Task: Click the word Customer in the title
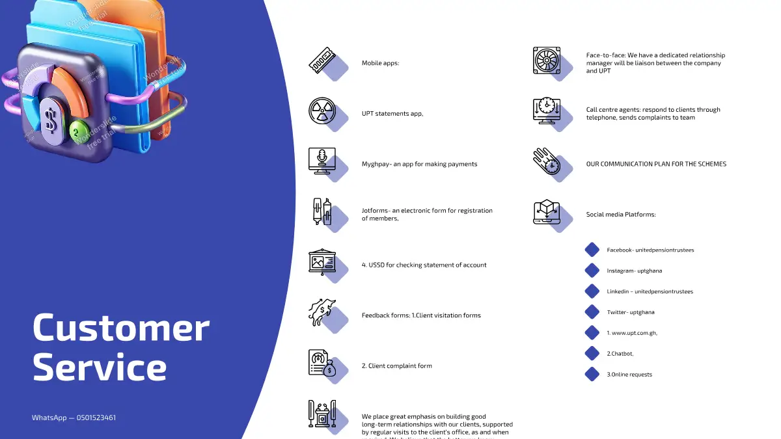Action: pyautogui.click(x=121, y=328)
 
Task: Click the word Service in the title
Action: pyautogui.click(x=100, y=367)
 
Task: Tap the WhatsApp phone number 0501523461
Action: pyautogui.click(x=96, y=418)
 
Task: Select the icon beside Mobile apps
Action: pyautogui.click(x=322, y=60)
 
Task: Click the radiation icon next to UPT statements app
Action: pyautogui.click(x=322, y=111)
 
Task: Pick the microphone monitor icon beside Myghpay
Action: pyautogui.click(x=322, y=161)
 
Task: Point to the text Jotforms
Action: pyautogui.click(x=375, y=211)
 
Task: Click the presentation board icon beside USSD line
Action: pyautogui.click(x=322, y=261)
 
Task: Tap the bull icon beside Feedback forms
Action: pyautogui.click(x=322, y=312)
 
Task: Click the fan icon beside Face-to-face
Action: pyautogui.click(x=546, y=60)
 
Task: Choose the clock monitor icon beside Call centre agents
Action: pyautogui.click(x=546, y=111)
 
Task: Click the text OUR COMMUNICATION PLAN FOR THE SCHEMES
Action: pyautogui.click(x=656, y=164)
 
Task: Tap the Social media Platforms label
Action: pyautogui.click(x=620, y=215)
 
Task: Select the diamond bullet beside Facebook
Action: pyautogui.click(x=592, y=250)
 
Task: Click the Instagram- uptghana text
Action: pyautogui.click(x=634, y=271)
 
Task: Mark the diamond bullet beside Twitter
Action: pyautogui.click(x=592, y=312)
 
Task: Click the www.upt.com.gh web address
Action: pyautogui.click(x=634, y=333)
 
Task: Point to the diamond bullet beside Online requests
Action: pyautogui.click(x=592, y=374)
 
